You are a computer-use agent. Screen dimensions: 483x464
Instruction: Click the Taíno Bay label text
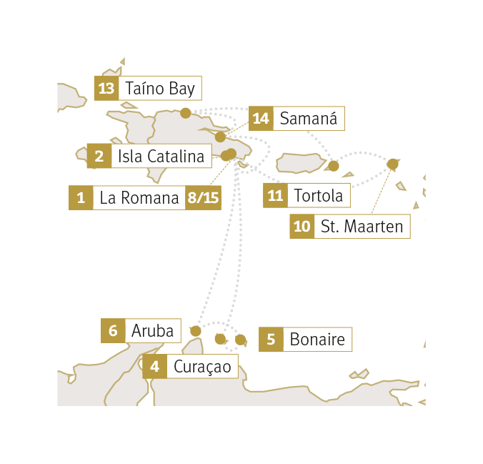(x=160, y=89)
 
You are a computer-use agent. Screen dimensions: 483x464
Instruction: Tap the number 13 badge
(x=106, y=88)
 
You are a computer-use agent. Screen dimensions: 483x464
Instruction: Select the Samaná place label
(x=309, y=119)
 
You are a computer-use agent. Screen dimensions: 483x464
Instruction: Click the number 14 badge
(x=261, y=119)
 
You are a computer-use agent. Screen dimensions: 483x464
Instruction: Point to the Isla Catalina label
(x=161, y=156)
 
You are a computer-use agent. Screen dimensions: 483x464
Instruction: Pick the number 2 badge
(x=99, y=156)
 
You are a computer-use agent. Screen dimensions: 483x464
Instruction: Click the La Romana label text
(x=139, y=198)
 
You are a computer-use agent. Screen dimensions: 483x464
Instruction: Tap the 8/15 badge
(x=204, y=198)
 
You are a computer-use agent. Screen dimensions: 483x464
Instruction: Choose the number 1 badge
(x=81, y=198)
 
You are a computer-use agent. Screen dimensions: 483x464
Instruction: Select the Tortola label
(x=318, y=195)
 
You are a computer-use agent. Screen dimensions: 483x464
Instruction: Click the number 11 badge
(x=275, y=195)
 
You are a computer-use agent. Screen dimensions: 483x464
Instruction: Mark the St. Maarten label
(x=362, y=227)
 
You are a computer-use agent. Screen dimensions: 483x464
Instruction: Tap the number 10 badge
(x=302, y=227)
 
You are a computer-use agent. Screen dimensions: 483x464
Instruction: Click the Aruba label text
(x=152, y=331)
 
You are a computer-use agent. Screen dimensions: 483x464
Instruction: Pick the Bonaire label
(x=317, y=340)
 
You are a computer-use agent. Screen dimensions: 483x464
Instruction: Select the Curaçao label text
(x=202, y=367)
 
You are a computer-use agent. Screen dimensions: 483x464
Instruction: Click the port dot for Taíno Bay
(x=186, y=113)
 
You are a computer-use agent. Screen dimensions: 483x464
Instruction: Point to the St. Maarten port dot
(x=393, y=164)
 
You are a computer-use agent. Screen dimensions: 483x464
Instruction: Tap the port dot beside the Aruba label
(x=196, y=331)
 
